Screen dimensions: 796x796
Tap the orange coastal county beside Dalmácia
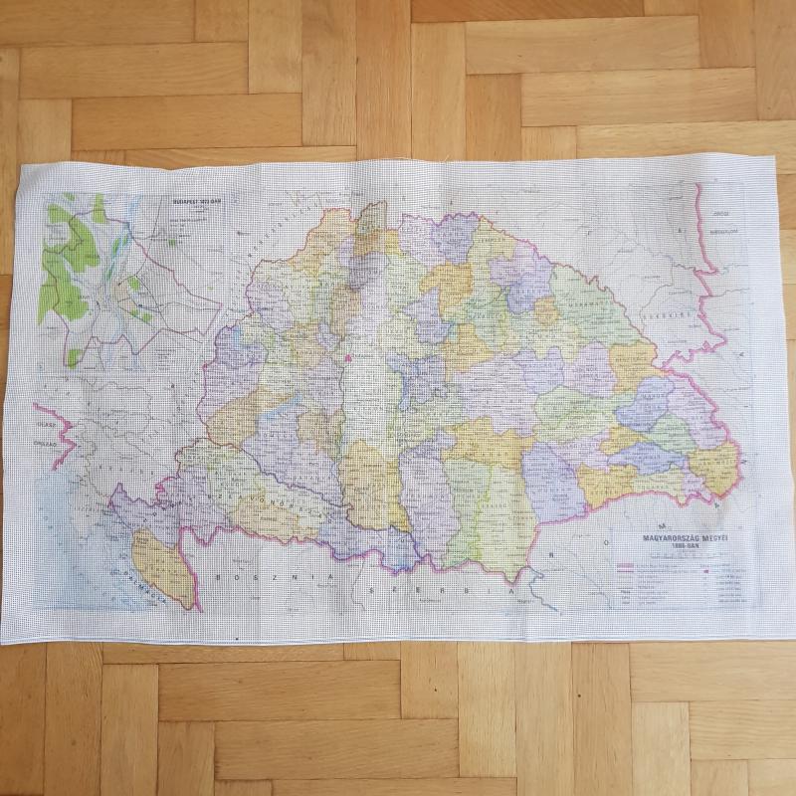coord(164,567)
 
